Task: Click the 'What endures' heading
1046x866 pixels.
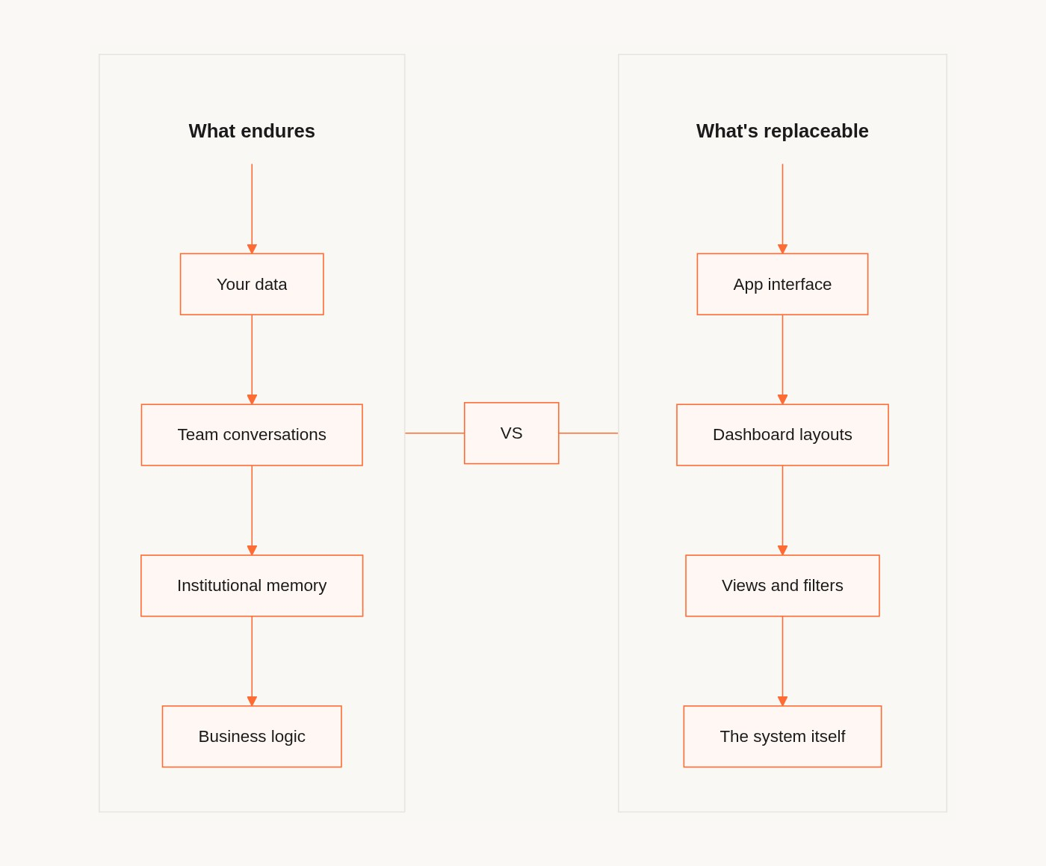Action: tap(252, 131)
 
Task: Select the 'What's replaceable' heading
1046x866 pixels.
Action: tap(782, 131)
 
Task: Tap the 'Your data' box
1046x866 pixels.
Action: tap(252, 284)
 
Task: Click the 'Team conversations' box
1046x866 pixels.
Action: tap(252, 435)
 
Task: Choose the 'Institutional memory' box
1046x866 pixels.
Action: tap(252, 586)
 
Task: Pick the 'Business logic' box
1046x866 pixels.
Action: tap(252, 737)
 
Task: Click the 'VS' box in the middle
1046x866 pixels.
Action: tap(511, 433)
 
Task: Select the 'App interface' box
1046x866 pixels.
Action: tap(782, 284)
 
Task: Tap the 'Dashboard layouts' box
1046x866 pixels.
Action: tap(782, 435)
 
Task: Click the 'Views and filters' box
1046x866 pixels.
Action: tap(782, 586)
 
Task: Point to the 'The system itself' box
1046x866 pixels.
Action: tap(782, 737)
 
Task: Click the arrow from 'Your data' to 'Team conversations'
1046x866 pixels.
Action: tap(252, 359)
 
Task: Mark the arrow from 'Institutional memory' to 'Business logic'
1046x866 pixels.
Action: tap(252, 661)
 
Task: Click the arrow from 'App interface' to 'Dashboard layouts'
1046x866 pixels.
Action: tap(782, 359)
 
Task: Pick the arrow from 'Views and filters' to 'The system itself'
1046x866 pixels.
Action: tap(782, 661)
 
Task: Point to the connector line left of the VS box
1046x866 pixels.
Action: tap(435, 433)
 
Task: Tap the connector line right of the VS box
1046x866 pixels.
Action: tap(588, 433)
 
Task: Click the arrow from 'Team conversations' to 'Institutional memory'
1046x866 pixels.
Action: tap(252, 510)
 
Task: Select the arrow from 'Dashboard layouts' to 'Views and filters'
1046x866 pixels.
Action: tap(782, 510)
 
